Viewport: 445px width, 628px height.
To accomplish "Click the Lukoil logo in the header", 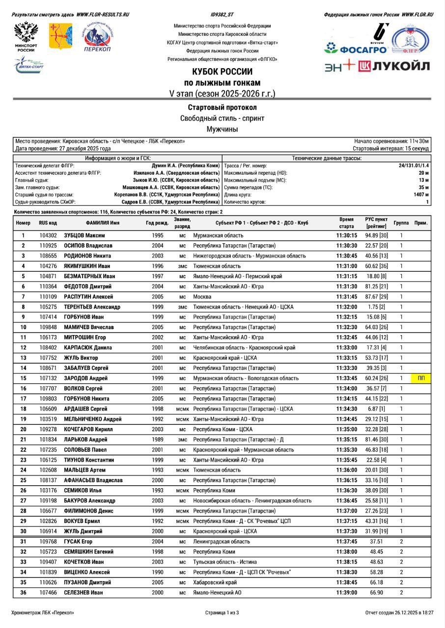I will [394, 66].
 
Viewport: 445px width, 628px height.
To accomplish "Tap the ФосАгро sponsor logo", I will [356, 49].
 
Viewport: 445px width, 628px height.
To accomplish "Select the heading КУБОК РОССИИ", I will [222, 72].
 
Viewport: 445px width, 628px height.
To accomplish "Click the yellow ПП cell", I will [421, 378].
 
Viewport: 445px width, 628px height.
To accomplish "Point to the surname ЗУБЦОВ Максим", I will [84, 235].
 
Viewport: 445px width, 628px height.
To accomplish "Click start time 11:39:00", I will [346, 593].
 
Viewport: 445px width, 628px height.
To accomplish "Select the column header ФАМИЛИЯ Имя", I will [103, 223].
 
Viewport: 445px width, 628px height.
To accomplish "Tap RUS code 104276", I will [48, 266].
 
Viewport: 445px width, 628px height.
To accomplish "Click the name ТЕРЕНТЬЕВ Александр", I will [91, 307].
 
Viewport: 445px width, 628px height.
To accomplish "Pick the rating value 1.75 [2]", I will [376, 307].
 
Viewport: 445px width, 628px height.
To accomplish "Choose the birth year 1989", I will [158, 439].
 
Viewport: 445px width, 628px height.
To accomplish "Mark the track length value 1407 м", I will [421, 195].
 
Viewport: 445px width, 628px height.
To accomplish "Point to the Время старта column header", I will [346, 223].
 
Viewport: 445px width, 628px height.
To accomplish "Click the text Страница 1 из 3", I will [222, 613].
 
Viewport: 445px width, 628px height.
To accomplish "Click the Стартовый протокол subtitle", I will [222, 107].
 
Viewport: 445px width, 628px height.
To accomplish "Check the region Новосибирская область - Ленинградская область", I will [252, 500].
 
